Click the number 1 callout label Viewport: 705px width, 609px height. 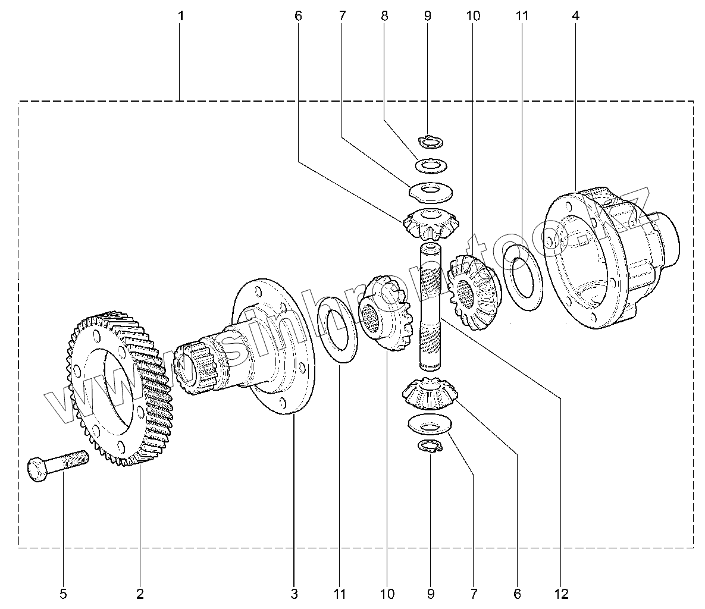pyautogui.click(x=181, y=16)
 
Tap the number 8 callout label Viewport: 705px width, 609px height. pyautogui.click(x=384, y=16)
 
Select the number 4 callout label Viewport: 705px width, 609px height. pyautogui.click(x=575, y=16)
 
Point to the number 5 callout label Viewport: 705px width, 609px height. pyautogui.click(x=63, y=593)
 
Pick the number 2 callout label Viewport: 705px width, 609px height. pyautogui.click(x=140, y=593)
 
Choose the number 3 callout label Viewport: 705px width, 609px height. pyautogui.click(x=294, y=593)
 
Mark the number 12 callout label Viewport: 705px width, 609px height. pyautogui.click(x=560, y=593)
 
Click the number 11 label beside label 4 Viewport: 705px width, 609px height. pyautogui.click(x=522, y=16)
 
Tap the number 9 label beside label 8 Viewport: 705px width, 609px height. pyautogui.click(x=427, y=16)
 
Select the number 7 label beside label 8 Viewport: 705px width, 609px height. pyautogui.click(x=341, y=16)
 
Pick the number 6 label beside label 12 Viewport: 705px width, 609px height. pyautogui.click(x=516, y=593)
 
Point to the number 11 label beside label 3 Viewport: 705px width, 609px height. pyautogui.click(x=339, y=593)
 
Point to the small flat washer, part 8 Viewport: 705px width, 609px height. pyautogui.click(x=431, y=164)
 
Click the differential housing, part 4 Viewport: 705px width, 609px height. pyautogui.click(x=601, y=256)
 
